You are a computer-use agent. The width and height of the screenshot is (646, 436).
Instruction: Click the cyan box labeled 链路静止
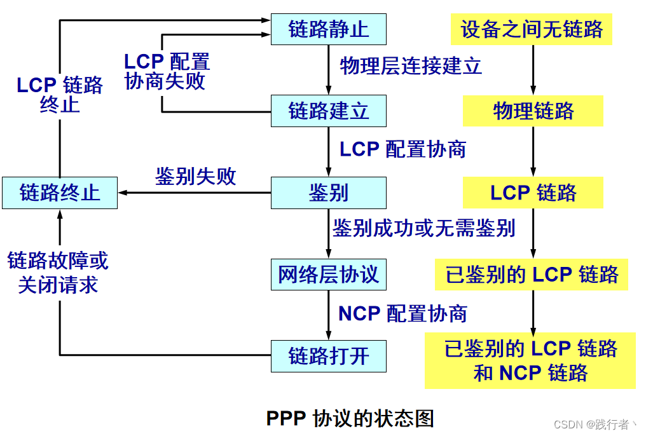coord(328,29)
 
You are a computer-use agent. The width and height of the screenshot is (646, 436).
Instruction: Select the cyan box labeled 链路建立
coord(328,111)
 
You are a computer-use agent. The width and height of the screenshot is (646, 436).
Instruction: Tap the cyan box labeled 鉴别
coord(328,193)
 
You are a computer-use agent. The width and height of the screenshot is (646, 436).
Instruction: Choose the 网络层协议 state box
coord(328,275)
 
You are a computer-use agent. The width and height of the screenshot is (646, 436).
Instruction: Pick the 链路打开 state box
coord(328,356)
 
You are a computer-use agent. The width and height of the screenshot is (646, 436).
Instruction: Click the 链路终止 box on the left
coord(60,193)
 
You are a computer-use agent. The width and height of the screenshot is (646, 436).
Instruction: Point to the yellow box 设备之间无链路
coord(532,29)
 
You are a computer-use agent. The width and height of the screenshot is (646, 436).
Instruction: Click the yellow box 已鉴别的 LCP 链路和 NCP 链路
coord(530,360)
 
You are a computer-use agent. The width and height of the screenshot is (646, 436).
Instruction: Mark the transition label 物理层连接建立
coord(411,66)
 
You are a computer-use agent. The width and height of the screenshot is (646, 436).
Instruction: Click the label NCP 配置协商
coord(402,313)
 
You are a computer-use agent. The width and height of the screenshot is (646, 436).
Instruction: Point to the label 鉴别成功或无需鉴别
coord(423,228)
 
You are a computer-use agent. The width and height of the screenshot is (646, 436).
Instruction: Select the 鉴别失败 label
coord(195,177)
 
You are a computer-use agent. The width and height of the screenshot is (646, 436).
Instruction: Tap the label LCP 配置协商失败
coord(166,72)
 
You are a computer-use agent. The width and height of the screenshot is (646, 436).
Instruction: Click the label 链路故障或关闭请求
coord(58,273)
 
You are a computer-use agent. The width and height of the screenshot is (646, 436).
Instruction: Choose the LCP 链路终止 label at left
coord(60,95)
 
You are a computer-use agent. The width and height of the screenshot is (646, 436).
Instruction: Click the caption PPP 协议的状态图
coord(350,418)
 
